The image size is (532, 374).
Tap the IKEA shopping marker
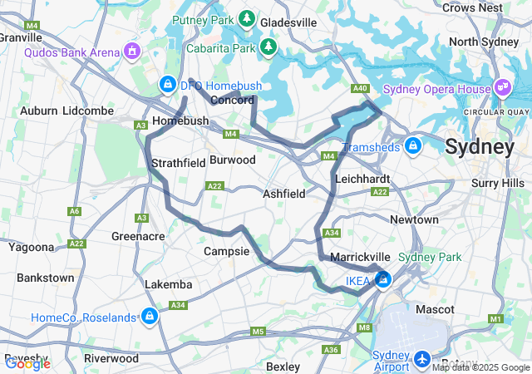tap(383, 281)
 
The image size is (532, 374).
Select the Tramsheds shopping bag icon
tap(413, 147)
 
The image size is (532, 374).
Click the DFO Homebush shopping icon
tap(168, 84)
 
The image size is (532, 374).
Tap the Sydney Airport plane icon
tap(422, 360)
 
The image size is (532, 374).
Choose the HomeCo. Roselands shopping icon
tap(150, 317)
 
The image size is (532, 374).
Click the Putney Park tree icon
tap(247, 18)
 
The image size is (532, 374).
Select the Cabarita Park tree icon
tap(268, 47)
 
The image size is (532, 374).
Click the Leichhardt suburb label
tap(362, 179)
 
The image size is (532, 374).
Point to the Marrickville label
tap(361, 258)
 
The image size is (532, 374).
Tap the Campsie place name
tap(226, 250)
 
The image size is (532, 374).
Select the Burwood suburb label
tap(233, 159)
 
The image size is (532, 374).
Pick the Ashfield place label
tap(284, 193)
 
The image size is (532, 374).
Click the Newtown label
tap(415, 219)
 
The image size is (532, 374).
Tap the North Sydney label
tap(483, 42)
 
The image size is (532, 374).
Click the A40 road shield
tap(360, 88)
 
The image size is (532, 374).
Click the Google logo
tap(27, 363)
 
